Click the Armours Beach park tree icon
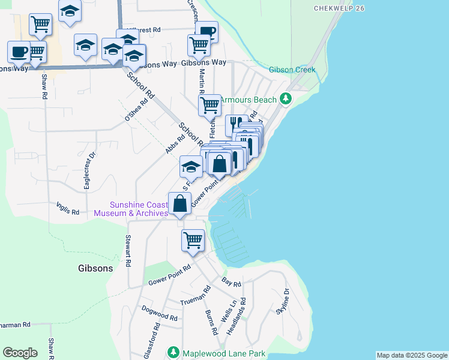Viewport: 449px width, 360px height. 286,99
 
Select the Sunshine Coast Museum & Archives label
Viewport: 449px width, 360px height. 131,209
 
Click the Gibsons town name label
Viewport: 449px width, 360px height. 95,268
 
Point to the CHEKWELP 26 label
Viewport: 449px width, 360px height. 339,8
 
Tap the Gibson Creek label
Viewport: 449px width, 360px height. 292,70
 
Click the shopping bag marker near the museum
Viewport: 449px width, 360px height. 179,203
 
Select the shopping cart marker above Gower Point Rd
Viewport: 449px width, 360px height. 193,240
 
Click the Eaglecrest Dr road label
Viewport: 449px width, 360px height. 90,170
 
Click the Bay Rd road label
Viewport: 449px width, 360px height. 231,283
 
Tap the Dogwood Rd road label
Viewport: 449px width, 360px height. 159,313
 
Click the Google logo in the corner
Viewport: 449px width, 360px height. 20,353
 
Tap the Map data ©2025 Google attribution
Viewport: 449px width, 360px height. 412,355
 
